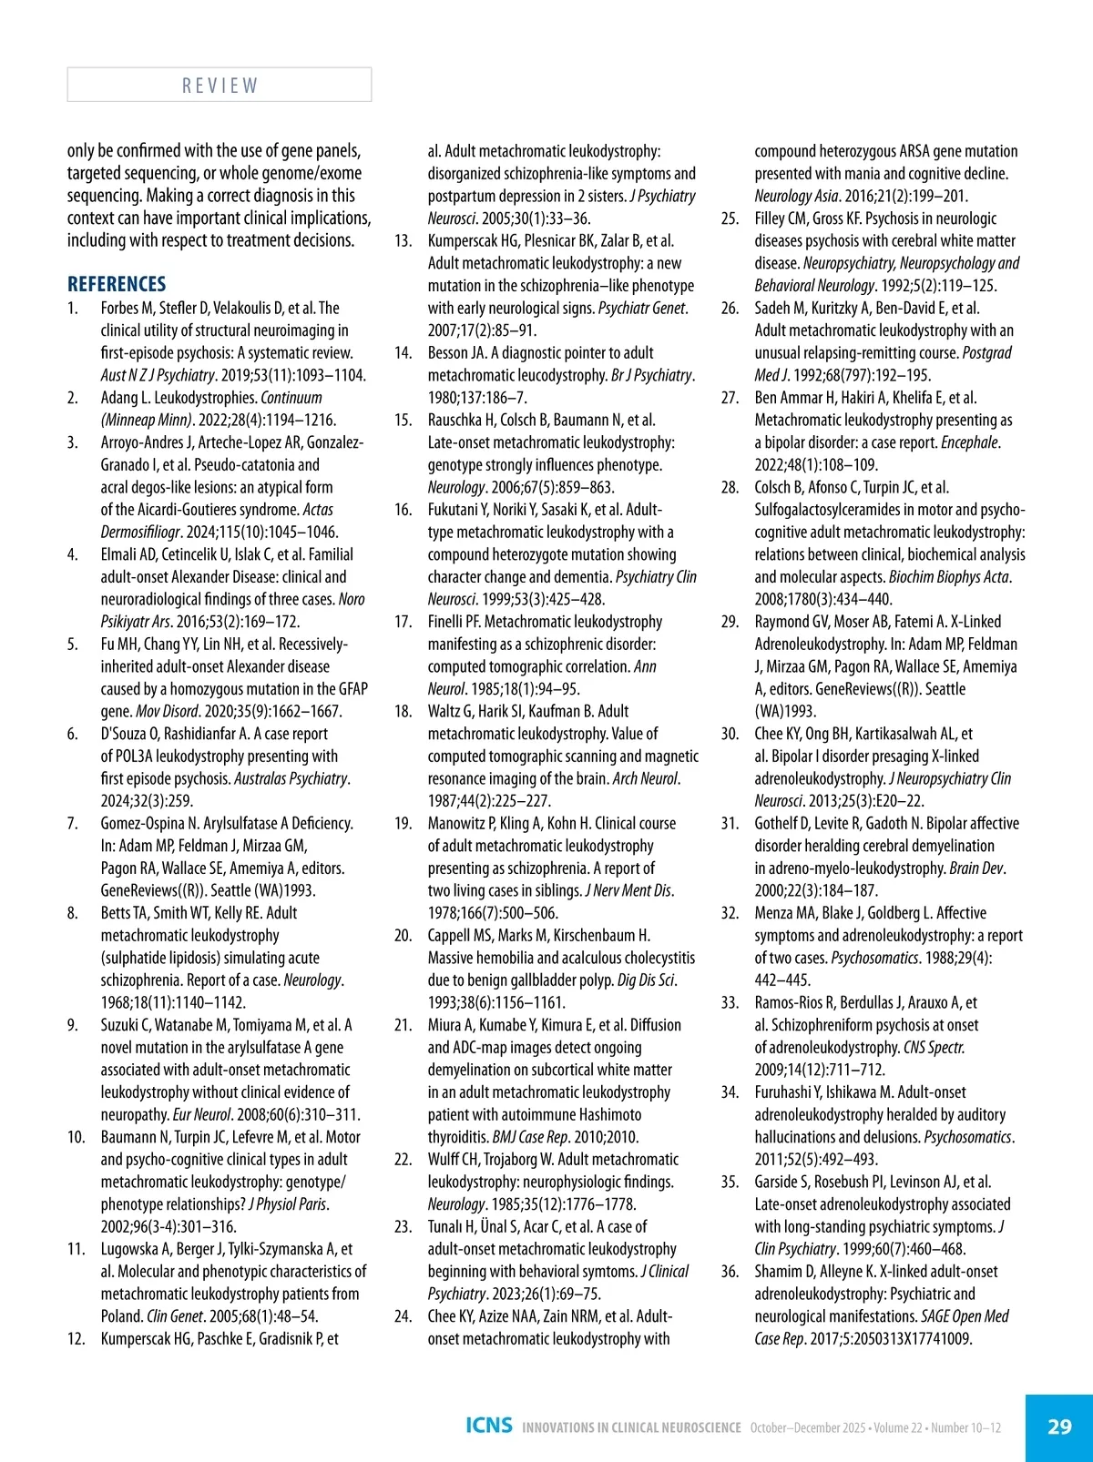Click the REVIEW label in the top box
tap(220, 86)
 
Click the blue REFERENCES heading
tap(117, 284)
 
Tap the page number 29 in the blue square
tap(1059, 1426)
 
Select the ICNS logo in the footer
tap(489, 1426)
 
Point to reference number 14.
tap(403, 353)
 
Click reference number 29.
tap(730, 622)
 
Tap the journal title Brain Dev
tap(976, 868)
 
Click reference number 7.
tap(72, 824)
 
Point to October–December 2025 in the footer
tap(807, 1427)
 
